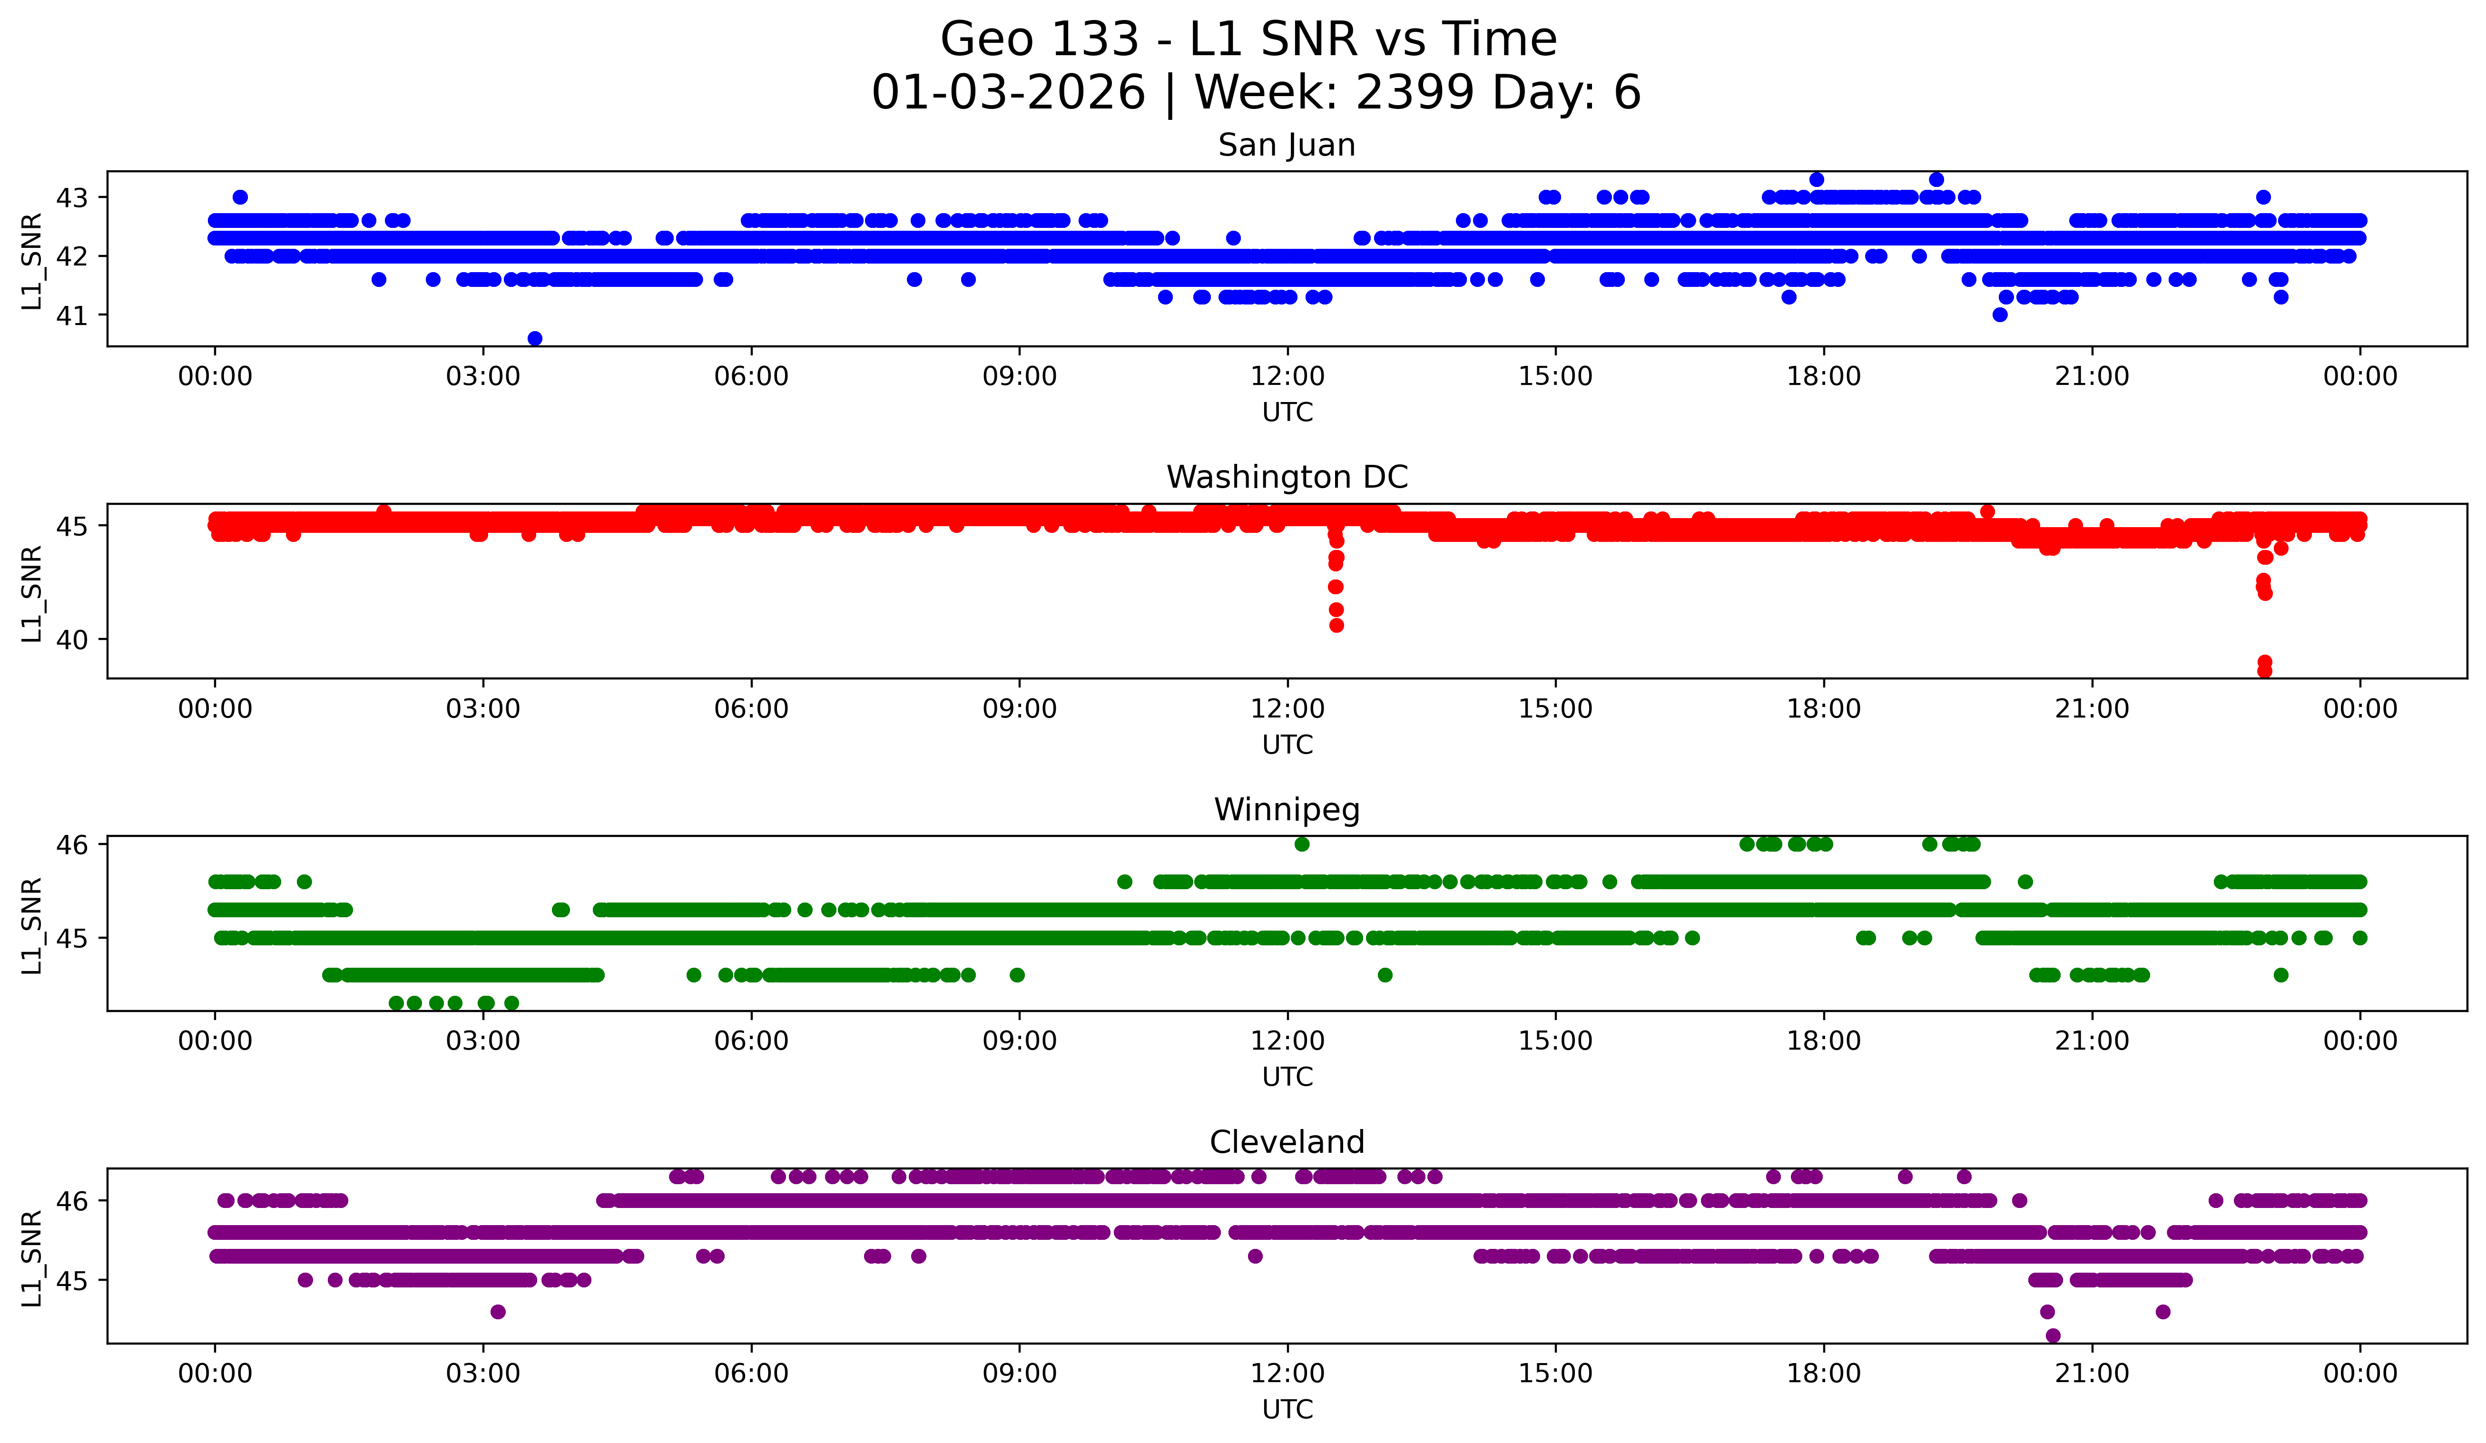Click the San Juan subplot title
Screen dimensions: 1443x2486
point(1287,145)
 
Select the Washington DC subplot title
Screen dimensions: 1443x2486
point(1287,477)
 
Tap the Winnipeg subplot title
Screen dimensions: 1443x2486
point(1287,810)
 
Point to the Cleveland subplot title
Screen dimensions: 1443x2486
point(1287,1142)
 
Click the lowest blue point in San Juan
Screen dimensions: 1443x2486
point(535,338)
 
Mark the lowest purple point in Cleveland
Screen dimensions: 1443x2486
point(2053,1335)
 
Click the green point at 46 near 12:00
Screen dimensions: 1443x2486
point(1302,844)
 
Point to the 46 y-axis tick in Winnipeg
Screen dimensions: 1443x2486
point(71,844)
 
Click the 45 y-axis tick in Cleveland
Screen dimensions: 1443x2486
point(71,1281)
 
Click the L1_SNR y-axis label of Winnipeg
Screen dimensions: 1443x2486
point(31,925)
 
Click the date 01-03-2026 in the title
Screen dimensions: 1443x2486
point(1008,93)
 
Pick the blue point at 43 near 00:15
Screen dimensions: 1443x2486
point(240,197)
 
